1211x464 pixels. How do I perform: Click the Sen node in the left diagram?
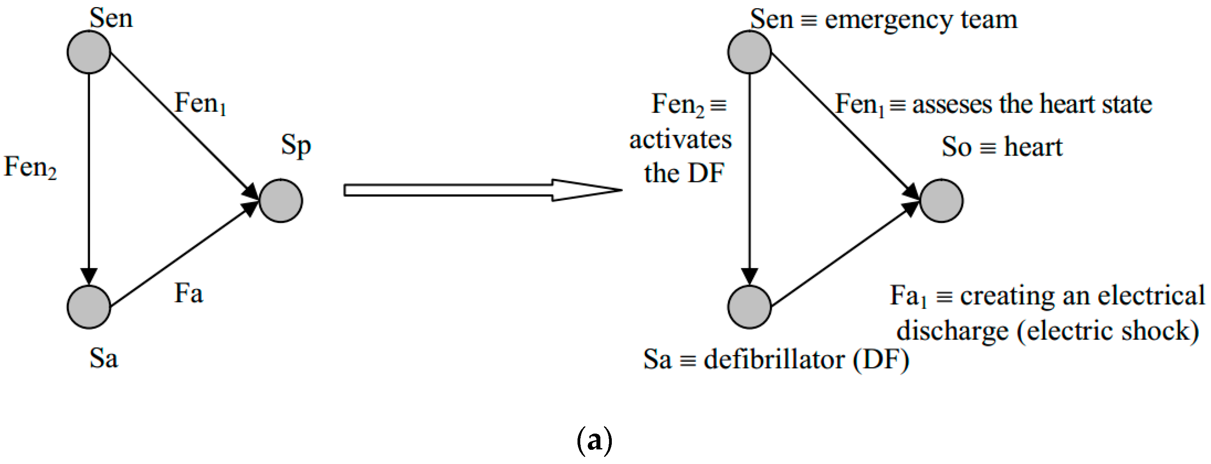point(89,52)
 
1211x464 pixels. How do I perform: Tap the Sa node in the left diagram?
point(89,307)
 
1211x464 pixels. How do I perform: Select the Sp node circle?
point(280,201)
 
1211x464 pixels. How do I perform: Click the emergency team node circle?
point(749,52)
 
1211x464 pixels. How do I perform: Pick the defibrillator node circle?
point(749,307)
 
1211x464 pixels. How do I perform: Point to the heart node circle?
point(941,201)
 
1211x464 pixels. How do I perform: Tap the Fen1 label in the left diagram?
point(200,103)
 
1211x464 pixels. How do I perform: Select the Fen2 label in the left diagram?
point(30,167)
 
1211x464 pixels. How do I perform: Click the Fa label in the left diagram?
point(189,294)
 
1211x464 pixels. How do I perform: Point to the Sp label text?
point(296,146)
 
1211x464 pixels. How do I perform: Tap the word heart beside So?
point(1033,147)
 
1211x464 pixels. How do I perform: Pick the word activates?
point(680,140)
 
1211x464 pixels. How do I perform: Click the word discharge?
point(952,331)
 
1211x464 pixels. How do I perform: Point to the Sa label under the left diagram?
point(103,359)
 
